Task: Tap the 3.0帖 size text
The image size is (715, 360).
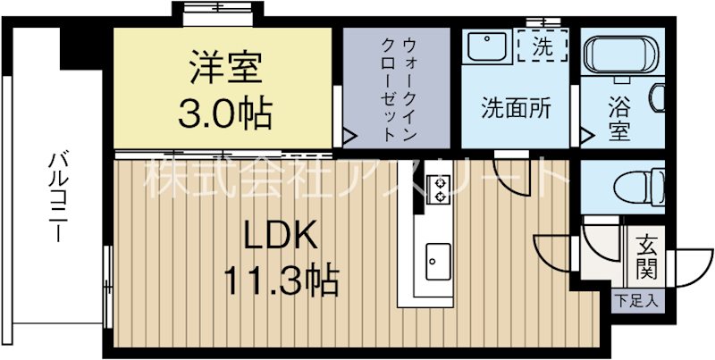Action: point(224,113)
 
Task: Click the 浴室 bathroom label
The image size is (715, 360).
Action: point(619,119)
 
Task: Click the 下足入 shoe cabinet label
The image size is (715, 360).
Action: point(637,299)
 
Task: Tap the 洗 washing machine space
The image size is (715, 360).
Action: point(543,44)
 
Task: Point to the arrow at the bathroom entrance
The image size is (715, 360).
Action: point(585,137)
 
